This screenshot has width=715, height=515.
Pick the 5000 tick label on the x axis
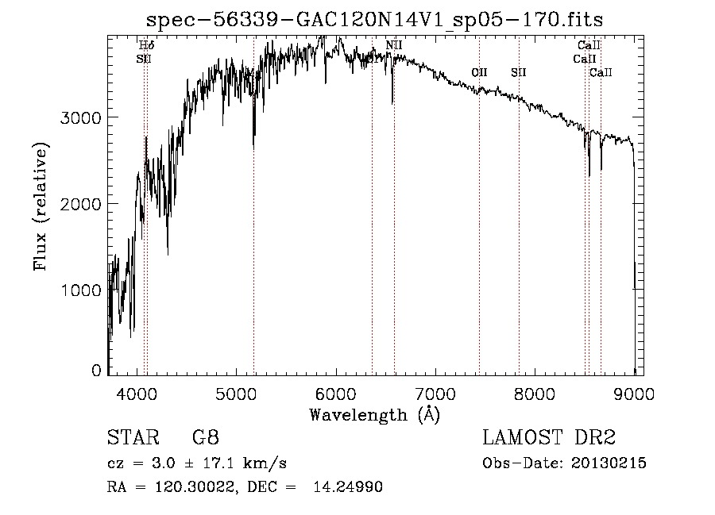click(236, 394)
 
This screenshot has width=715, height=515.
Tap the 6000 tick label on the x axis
click(335, 394)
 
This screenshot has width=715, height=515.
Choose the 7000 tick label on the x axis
click(435, 394)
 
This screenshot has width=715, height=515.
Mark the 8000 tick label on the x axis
click(535, 394)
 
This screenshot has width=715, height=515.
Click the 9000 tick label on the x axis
click(634, 394)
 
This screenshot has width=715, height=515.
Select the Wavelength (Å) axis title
click(373, 414)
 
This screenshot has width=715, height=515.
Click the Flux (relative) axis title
click(40, 206)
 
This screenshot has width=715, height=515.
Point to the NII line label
click(394, 45)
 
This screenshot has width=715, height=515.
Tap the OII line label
click(479, 73)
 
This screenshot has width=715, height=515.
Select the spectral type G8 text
click(206, 438)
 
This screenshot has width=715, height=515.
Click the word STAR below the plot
click(131, 438)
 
